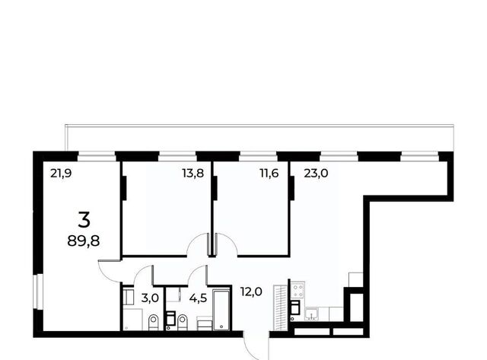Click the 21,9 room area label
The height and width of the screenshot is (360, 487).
(61, 174)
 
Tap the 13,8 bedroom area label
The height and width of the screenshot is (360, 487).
(193, 174)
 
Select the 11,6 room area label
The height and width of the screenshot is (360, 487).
(269, 174)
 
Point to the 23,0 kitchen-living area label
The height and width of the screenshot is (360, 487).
(316, 174)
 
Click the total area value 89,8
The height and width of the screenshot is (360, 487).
(84, 241)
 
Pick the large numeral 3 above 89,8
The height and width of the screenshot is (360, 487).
(84, 219)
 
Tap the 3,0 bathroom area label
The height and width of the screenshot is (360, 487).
(150, 298)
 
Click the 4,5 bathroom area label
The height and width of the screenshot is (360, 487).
(198, 298)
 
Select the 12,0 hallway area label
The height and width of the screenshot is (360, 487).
(251, 292)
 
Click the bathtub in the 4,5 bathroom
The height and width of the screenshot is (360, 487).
(221, 309)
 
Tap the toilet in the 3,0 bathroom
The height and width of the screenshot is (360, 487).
(153, 323)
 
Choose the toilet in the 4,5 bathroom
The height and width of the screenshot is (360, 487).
(183, 323)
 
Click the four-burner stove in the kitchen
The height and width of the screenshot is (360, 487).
(298, 291)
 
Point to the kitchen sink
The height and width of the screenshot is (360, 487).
(312, 314)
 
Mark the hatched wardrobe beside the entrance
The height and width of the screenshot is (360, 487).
(280, 307)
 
